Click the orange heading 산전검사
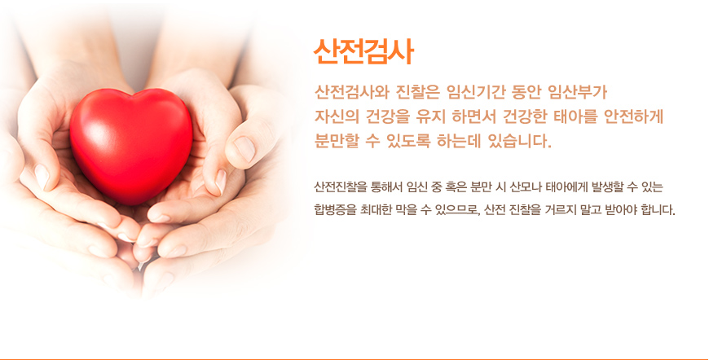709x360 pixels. pyautogui.click(x=363, y=52)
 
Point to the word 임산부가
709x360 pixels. pyautogui.click(x=578, y=92)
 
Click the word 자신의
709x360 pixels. pyautogui.click(x=336, y=116)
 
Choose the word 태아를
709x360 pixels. pyautogui.click(x=575, y=116)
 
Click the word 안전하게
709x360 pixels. pyautogui.click(x=634, y=116)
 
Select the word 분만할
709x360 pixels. pyautogui.click(x=336, y=141)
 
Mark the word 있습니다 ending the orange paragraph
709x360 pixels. pyautogui.click(x=520, y=141)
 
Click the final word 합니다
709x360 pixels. pyautogui.click(x=658, y=210)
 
